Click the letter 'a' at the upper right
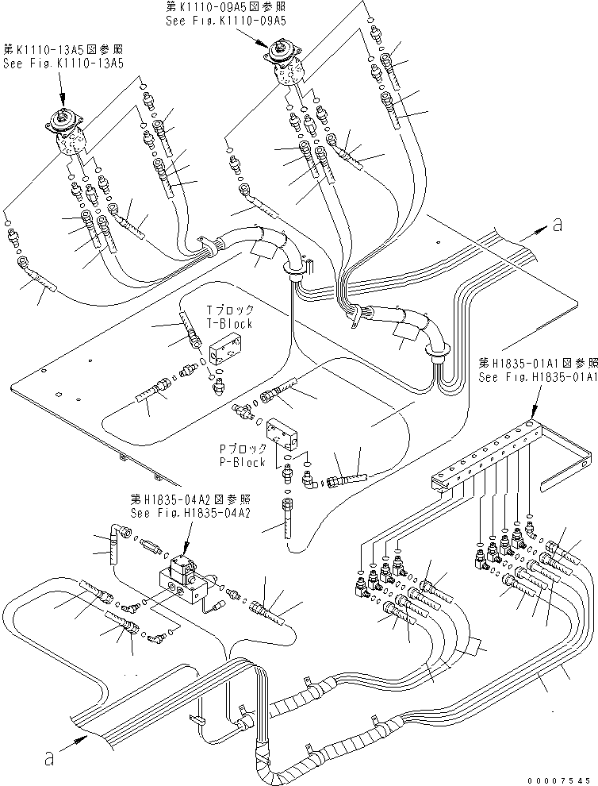(x=558, y=225)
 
